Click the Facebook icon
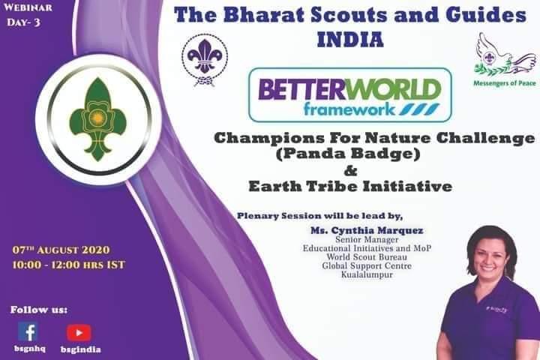(x=28, y=331)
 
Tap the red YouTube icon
(x=79, y=332)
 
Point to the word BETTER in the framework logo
(x=295, y=91)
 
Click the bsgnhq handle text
(x=28, y=349)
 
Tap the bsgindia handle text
(x=80, y=349)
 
